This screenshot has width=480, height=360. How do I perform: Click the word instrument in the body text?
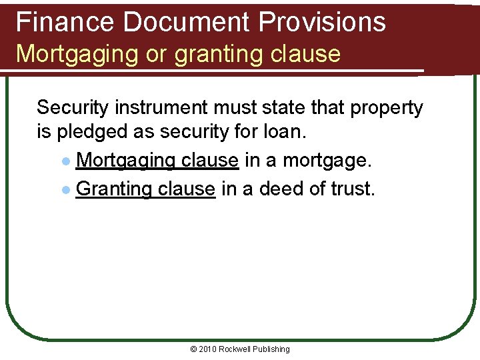point(171,108)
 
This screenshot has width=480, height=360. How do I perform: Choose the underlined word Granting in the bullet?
point(114,189)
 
